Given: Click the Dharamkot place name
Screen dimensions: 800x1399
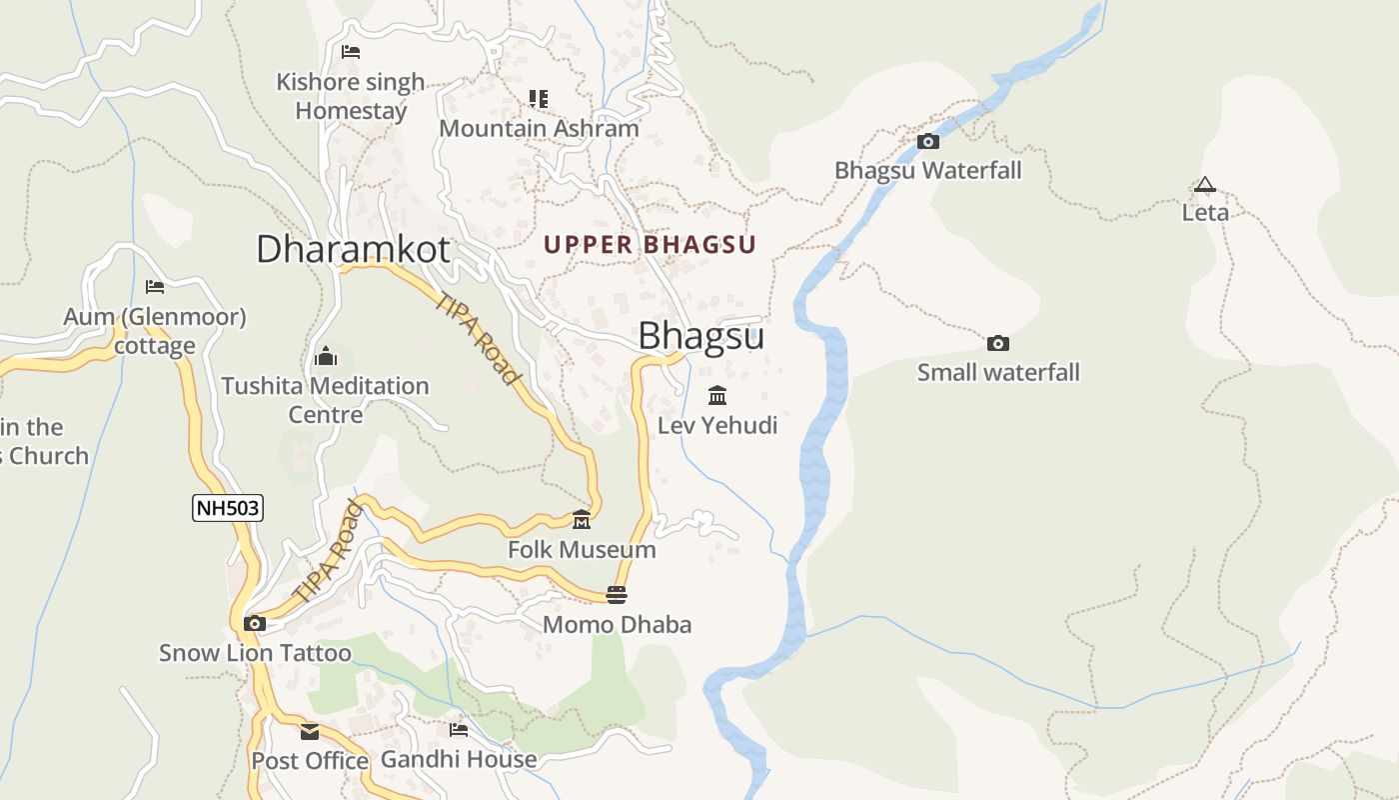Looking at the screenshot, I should (353, 249).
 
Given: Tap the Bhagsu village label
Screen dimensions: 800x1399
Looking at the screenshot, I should (700, 336).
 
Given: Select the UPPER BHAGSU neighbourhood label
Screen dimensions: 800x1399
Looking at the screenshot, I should (650, 244).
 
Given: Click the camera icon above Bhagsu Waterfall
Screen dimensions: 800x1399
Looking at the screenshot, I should (928, 141).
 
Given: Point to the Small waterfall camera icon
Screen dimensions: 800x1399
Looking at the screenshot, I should (997, 344).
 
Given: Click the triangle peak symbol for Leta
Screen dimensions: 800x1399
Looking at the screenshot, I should (1204, 184).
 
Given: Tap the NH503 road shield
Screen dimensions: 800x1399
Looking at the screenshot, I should (228, 508).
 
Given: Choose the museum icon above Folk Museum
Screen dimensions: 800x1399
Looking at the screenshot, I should (582, 520).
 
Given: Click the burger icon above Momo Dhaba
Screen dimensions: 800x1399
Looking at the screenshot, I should (617, 595).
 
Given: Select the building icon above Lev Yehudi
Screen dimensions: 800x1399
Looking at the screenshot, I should (717, 396).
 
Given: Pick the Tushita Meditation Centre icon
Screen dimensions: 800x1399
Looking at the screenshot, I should (325, 357).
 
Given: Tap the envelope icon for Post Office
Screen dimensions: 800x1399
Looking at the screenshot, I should (310, 732).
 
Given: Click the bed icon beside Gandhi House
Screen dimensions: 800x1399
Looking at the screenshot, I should (459, 730).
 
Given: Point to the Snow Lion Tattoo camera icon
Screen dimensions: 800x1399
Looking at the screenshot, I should (255, 624).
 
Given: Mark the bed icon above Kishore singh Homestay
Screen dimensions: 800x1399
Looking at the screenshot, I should (350, 52).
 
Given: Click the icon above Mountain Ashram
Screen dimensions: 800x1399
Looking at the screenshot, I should (539, 99).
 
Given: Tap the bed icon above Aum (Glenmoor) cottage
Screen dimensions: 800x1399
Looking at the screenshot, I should (155, 287).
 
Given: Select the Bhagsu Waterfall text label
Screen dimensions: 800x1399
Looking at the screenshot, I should (928, 170).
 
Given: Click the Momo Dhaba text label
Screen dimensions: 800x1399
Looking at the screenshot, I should (617, 625).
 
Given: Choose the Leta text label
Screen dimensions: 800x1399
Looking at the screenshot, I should (1205, 212).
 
